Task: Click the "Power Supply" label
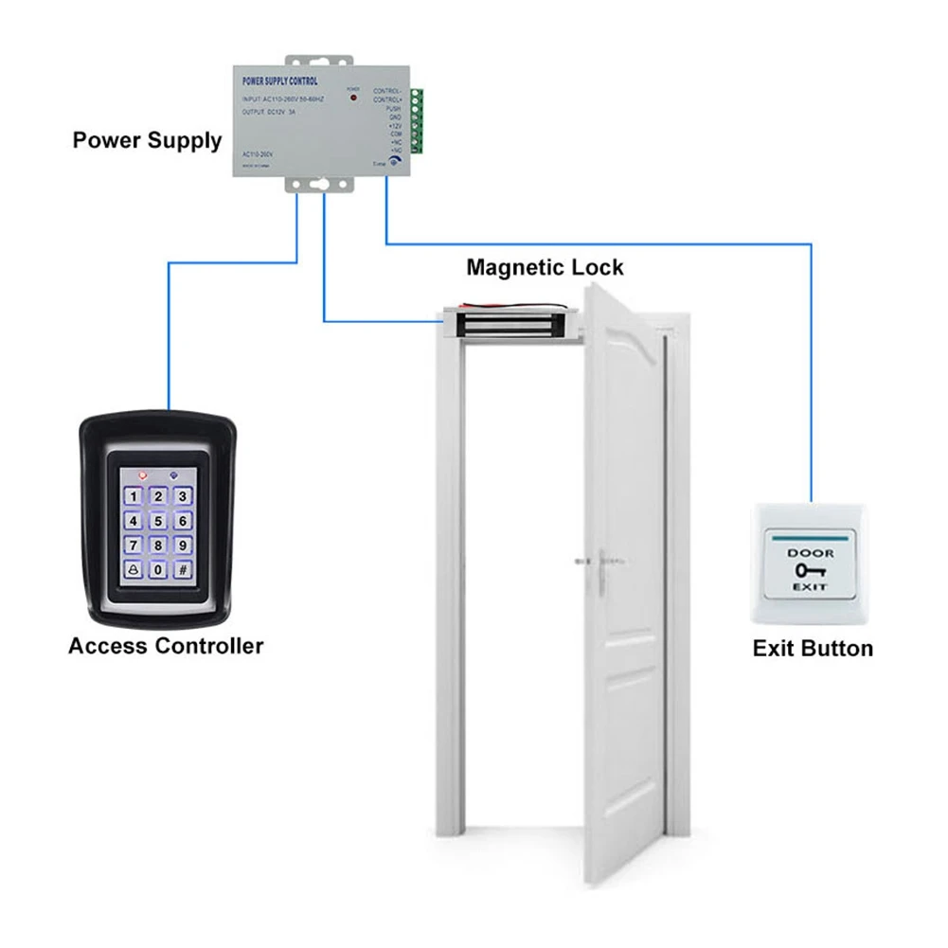(x=147, y=141)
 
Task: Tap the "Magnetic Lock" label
(x=545, y=267)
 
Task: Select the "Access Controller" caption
(x=166, y=646)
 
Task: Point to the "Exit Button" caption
(x=813, y=649)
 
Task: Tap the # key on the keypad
(x=184, y=570)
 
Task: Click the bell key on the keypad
(x=133, y=570)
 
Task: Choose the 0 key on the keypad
(x=158, y=570)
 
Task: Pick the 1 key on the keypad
(x=134, y=496)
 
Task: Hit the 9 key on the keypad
(x=184, y=546)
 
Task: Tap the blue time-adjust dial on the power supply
(x=392, y=162)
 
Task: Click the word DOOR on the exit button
(x=811, y=552)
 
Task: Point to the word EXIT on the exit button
(x=811, y=587)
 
